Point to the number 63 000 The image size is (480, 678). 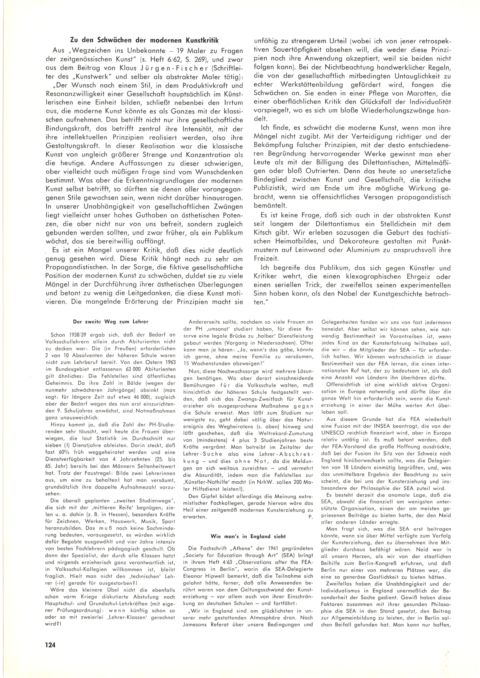click(134, 369)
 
